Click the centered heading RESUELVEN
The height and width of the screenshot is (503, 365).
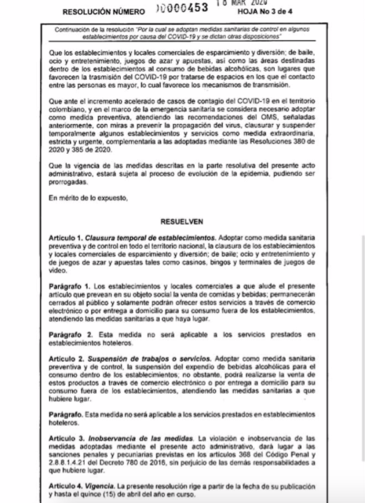pyautogui.click(x=182, y=221)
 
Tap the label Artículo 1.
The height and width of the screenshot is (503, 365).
pyautogui.click(x=67, y=238)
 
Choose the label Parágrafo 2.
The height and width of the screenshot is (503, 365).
pyautogui.click(x=68, y=333)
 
